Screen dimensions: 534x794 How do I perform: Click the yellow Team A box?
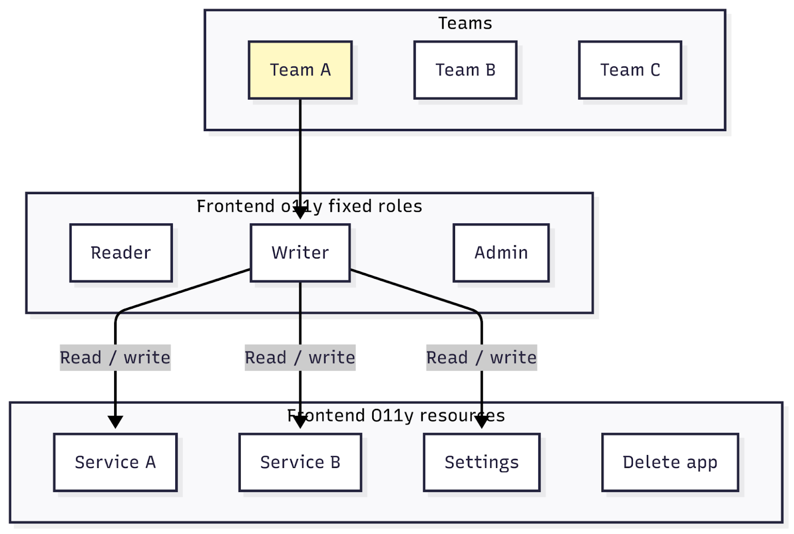300,70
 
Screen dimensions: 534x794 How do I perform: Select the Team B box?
465,70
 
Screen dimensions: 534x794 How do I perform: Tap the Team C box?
630,70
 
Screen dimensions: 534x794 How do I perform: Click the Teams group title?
465,23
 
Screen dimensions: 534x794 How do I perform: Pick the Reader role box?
121,253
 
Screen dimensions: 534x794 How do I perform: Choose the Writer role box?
300,253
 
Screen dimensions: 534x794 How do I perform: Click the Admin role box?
501,253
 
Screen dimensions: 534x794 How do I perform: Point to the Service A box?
115,462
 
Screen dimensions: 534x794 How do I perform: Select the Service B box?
300,462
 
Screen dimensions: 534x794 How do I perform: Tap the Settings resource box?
481,462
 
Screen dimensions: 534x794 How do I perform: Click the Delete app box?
670,462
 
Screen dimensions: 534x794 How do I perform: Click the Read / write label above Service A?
115,357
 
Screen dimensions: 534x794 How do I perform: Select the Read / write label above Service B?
300,357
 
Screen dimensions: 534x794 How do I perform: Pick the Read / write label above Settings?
481,357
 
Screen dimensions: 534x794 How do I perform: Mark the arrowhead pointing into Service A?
115,422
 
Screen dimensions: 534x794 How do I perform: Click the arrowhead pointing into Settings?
481,422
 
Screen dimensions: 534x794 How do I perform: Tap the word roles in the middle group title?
399,206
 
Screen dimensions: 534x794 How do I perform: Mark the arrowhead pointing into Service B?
300,422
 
